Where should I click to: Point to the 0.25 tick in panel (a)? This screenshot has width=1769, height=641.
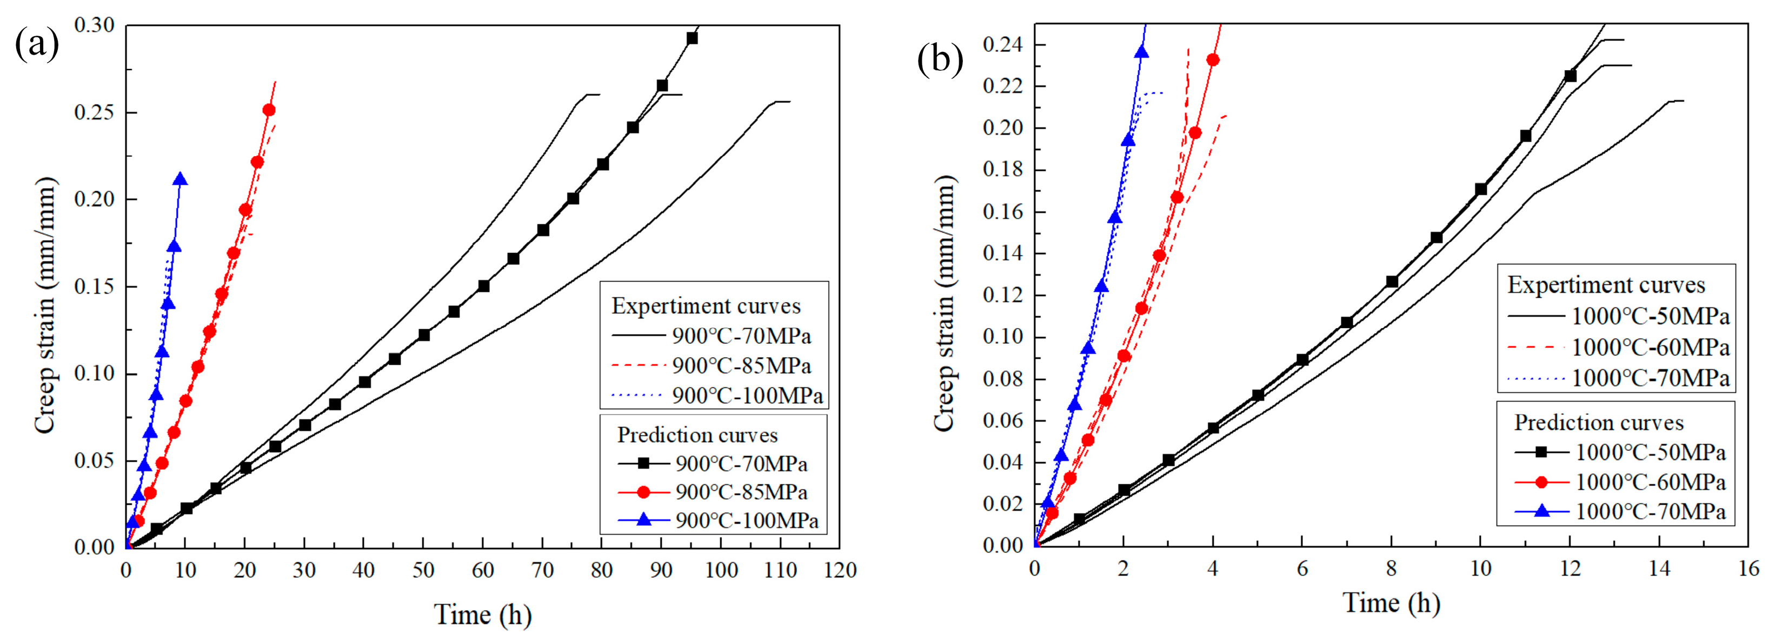click(94, 112)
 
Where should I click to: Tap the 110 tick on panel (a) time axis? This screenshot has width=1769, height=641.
click(781, 570)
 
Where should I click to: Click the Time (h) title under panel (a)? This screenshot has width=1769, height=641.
click(483, 614)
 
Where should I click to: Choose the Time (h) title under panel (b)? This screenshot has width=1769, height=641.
click(1391, 603)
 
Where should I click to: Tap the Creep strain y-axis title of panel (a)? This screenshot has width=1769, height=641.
click(45, 305)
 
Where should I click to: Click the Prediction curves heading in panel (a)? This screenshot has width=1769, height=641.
click(697, 435)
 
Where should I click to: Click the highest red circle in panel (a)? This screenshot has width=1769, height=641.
click(269, 110)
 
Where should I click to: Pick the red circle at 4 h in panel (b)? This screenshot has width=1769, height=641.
click(1213, 59)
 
